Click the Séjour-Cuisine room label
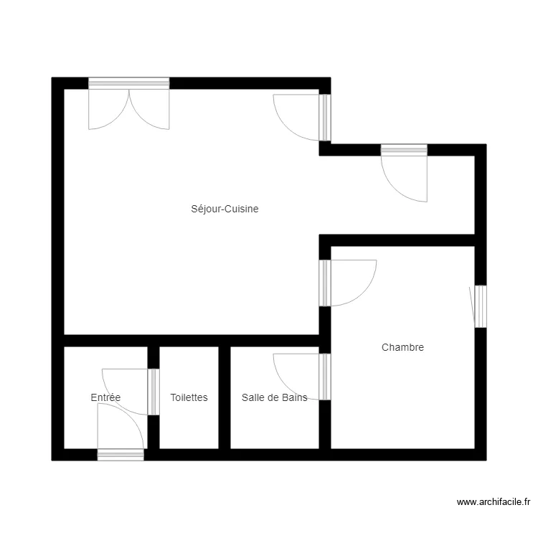[x=225, y=209]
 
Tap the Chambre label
[x=402, y=347]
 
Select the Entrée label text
[x=105, y=397]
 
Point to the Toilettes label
[x=189, y=397]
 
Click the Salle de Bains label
[x=275, y=397]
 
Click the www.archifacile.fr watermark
[x=494, y=502]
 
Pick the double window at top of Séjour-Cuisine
[x=129, y=83]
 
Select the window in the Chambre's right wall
[x=481, y=306]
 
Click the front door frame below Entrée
[x=121, y=455]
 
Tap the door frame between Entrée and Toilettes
[x=154, y=392]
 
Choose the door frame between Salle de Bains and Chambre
[x=324, y=377]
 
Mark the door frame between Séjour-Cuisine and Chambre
[x=324, y=283]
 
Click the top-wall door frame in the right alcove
[x=404, y=150]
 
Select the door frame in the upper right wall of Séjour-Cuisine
[x=324, y=118]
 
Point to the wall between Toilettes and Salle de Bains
[x=225, y=397]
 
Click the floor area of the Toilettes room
[x=189, y=425]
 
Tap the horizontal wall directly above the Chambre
[x=397, y=240]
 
